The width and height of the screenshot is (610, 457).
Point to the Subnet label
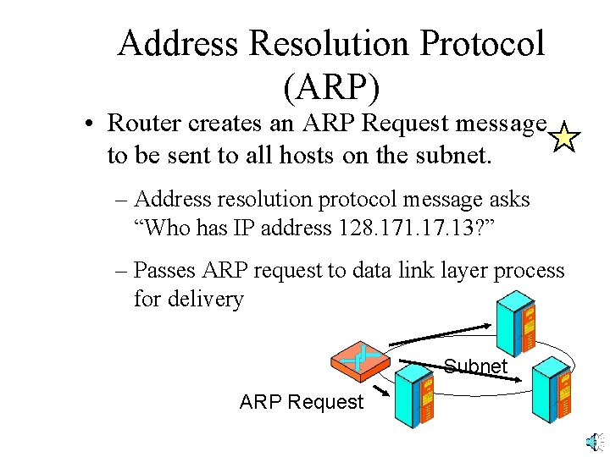[x=475, y=366]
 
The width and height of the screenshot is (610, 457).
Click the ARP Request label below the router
[x=301, y=401]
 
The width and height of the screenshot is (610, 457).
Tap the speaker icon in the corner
[x=596, y=441]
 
